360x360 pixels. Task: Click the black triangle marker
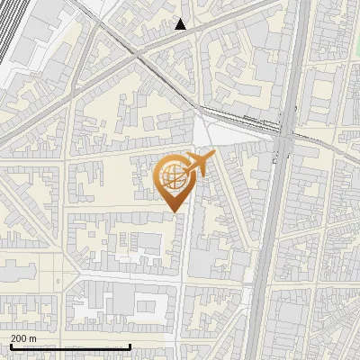(x=181, y=24)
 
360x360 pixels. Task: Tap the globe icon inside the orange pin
(x=172, y=178)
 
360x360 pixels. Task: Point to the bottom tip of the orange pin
(x=174, y=211)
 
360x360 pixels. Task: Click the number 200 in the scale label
(x=19, y=338)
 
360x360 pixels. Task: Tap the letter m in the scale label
(x=33, y=338)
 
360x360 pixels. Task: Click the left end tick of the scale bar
(x=10, y=346)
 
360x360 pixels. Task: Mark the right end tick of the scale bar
(x=130, y=346)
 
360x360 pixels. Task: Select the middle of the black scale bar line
(x=70, y=347)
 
